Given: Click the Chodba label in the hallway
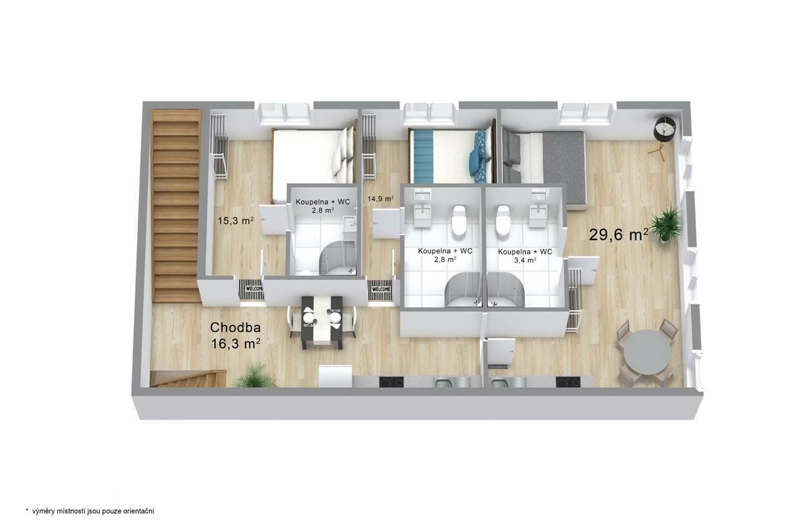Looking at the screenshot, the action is tap(235, 327).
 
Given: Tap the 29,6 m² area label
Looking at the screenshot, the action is tap(618, 235).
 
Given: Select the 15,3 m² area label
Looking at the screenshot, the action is tap(236, 221).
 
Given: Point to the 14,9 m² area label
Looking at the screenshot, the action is tap(380, 199).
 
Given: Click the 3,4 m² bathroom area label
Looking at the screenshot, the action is tap(525, 260).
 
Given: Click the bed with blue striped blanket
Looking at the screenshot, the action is tap(452, 156).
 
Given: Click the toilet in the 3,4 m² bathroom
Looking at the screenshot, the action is tap(502, 220).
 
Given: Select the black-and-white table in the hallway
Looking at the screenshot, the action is tap(322, 322).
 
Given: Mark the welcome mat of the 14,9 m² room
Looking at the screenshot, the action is tap(381, 289).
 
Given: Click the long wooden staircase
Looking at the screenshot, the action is tap(176, 206).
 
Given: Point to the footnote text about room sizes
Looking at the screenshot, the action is tap(90, 511).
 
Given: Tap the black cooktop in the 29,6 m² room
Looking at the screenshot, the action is tap(568, 382).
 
